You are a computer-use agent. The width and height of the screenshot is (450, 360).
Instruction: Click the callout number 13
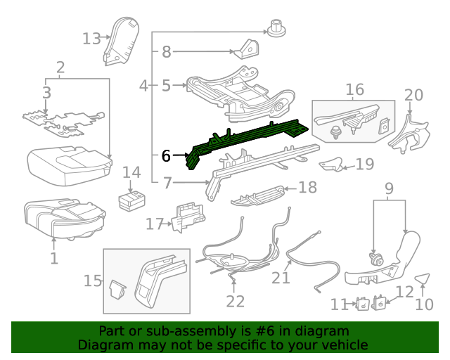click(91, 38)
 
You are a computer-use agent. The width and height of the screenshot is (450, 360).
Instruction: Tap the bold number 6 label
click(166, 155)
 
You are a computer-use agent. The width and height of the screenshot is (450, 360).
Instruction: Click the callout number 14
click(131, 174)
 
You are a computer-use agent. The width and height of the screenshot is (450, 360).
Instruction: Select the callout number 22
click(235, 301)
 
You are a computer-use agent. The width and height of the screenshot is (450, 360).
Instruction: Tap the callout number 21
click(281, 278)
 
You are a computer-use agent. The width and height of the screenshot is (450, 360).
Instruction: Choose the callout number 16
click(354, 89)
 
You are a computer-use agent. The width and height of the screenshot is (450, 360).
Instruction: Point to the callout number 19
click(364, 165)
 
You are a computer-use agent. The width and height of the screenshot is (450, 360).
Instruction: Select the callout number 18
click(308, 188)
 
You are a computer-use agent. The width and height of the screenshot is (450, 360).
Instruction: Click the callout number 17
click(154, 224)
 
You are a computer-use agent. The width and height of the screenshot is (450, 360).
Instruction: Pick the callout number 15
click(93, 281)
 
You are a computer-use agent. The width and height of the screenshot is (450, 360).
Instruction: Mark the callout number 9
click(388, 188)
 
